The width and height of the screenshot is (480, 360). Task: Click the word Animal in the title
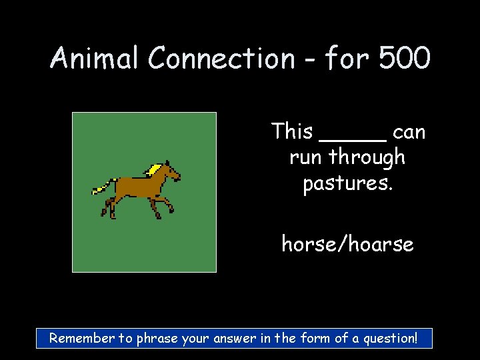(x=95, y=59)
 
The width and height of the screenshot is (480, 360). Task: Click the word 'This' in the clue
(x=292, y=131)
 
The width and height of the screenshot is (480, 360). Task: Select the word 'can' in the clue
(x=409, y=133)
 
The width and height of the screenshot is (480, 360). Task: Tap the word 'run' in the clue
(x=306, y=158)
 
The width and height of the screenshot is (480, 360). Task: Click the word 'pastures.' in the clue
(x=347, y=183)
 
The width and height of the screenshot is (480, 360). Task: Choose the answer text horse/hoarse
(x=347, y=244)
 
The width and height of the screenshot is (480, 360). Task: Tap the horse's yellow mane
(x=155, y=169)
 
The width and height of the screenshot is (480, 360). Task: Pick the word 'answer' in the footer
(x=233, y=338)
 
